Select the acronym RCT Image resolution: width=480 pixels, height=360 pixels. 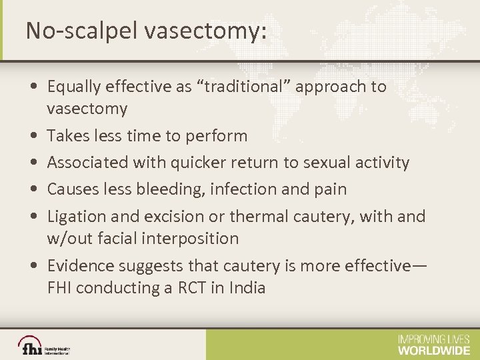(x=174, y=288)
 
